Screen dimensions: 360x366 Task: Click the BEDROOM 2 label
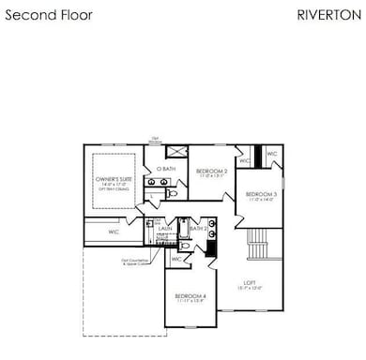coord(211,172)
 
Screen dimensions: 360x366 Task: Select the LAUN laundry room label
coord(163,228)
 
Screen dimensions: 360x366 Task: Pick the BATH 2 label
coord(197,228)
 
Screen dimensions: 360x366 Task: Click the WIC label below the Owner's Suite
coord(113,231)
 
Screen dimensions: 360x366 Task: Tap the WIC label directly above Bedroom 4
coord(177,259)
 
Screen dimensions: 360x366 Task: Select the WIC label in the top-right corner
coord(271,155)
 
